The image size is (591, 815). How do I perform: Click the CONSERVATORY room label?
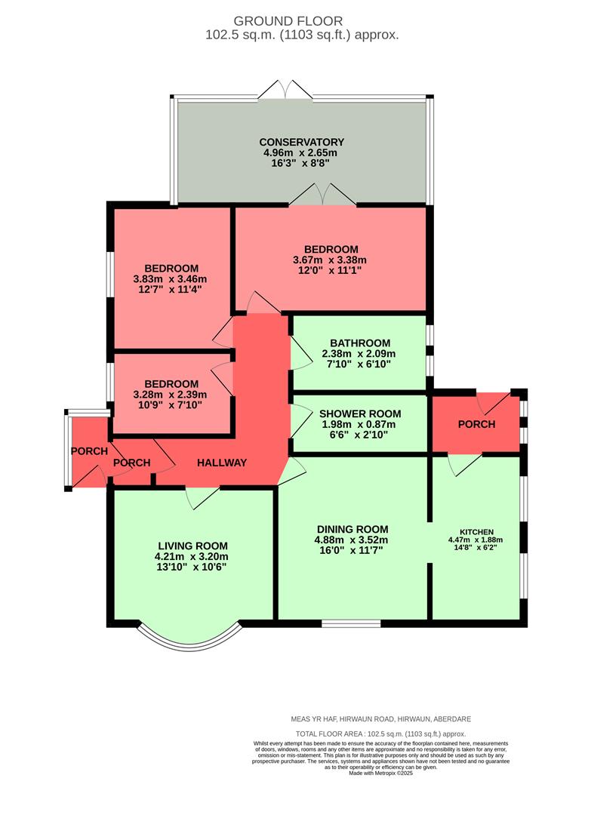click(x=301, y=142)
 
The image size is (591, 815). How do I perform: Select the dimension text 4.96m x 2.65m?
click(x=301, y=152)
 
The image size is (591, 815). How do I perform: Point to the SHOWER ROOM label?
click(x=360, y=414)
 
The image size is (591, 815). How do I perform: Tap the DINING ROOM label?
click(x=352, y=529)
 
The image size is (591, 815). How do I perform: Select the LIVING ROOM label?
click(x=192, y=546)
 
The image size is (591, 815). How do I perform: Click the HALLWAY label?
click(x=222, y=463)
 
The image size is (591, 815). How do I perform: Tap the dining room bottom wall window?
click(x=351, y=623)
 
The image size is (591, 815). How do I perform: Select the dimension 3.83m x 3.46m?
click(x=171, y=279)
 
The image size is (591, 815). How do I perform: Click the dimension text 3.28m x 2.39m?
click(x=171, y=394)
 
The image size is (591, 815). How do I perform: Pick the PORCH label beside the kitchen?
click(x=476, y=424)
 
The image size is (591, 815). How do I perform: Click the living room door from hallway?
click(x=202, y=495)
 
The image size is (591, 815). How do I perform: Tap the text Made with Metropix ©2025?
click(x=381, y=773)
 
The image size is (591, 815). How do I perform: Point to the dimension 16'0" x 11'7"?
click(x=352, y=550)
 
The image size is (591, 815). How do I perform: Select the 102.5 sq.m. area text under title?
click(x=302, y=35)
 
